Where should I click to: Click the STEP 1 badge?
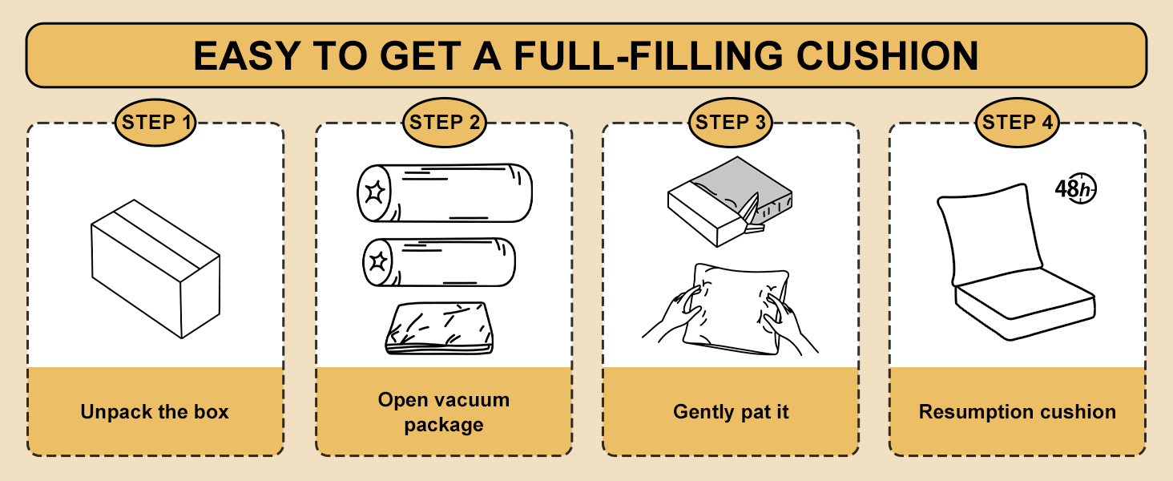[x=156, y=123]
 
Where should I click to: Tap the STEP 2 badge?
[x=444, y=123]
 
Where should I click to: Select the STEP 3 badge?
[x=731, y=123]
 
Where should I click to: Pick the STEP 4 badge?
[x=1018, y=123]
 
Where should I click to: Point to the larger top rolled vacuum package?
[x=444, y=193]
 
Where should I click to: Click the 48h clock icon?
[x=1074, y=190]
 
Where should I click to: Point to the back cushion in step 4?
[x=992, y=232]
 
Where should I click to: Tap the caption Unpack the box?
[x=155, y=412]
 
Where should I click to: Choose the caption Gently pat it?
[x=731, y=412]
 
